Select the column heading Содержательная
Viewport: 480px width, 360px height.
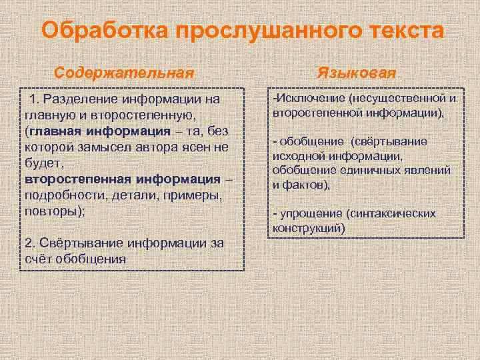124,71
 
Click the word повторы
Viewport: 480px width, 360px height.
55,211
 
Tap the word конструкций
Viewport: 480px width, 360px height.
308,228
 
